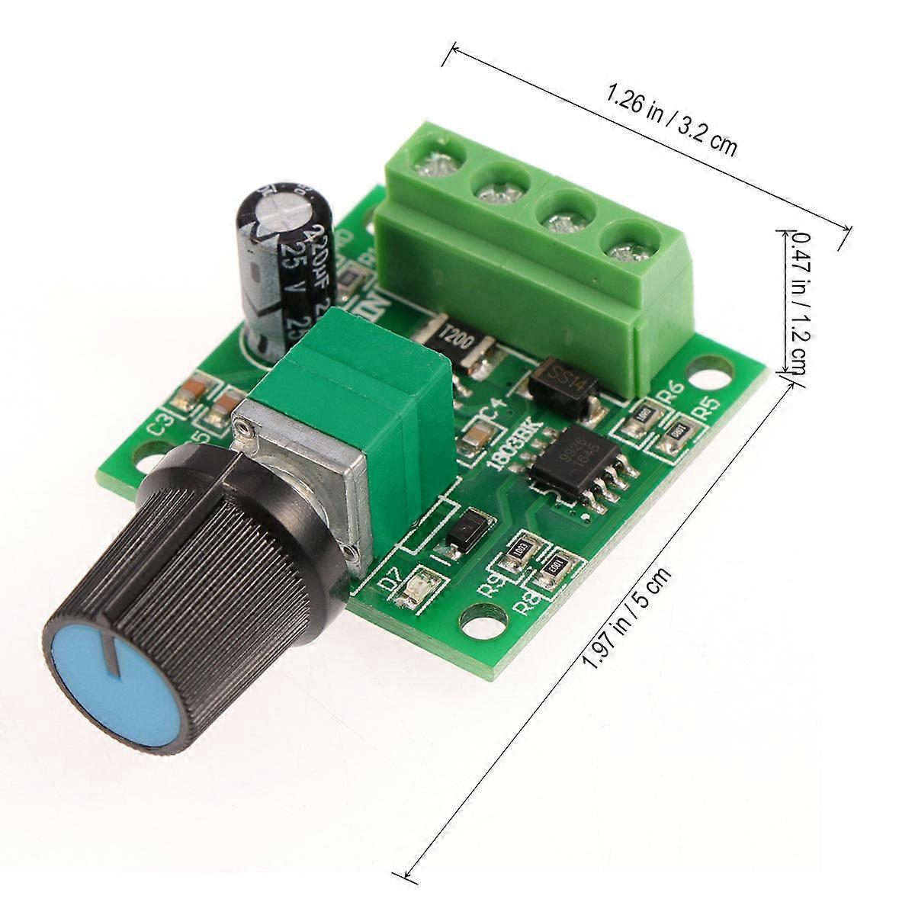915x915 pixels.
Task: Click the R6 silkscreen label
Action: coord(670,394)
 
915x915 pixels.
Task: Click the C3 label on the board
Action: coord(160,425)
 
